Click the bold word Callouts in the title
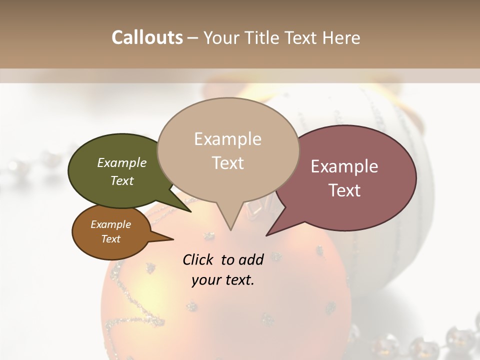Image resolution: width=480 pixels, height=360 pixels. point(147,37)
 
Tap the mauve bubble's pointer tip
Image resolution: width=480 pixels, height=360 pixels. point(267,234)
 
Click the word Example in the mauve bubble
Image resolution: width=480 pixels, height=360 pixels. point(344,167)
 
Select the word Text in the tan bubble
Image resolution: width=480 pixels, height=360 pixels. point(228,163)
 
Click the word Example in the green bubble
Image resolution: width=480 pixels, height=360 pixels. point(122,163)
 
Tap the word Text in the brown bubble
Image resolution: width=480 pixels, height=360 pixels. point(111,239)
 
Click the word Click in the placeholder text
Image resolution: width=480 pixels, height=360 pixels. point(198,259)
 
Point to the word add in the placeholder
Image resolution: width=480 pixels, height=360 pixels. point(250,259)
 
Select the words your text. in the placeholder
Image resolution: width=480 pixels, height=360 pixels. point(223,280)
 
